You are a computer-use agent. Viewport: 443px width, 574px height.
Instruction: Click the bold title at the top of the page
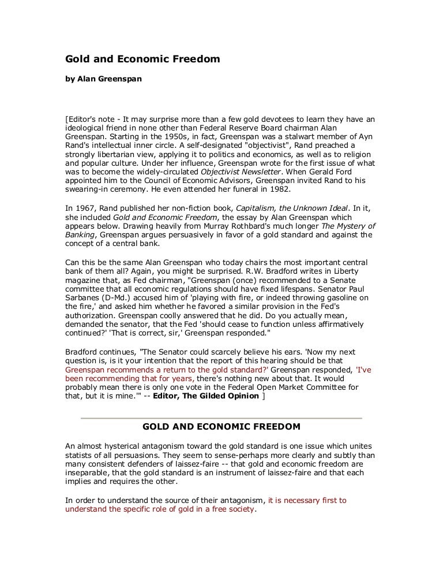(x=142, y=59)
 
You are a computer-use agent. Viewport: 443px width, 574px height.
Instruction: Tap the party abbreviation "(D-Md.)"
(x=121, y=292)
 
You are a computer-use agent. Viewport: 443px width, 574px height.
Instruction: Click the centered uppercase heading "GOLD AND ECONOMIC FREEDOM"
(x=221, y=427)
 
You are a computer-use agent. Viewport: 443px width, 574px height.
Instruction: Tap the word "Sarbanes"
(x=83, y=292)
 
